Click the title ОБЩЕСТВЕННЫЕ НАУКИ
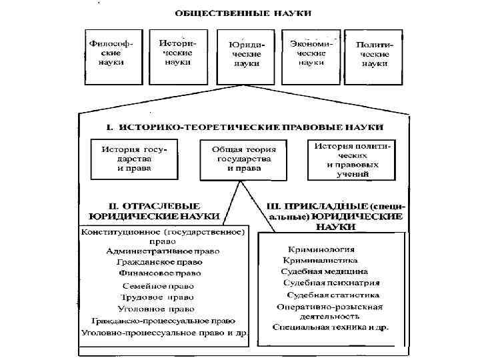click(x=243, y=13)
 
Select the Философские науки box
click(x=110, y=55)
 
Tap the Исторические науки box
click(x=175, y=53)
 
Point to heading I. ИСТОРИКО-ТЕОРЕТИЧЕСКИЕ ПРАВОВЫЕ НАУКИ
click(x=245, y=126)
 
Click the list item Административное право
click(x=163, y=251)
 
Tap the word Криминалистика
click(x=320, y=260)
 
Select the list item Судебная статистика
click(x=333, y=295)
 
